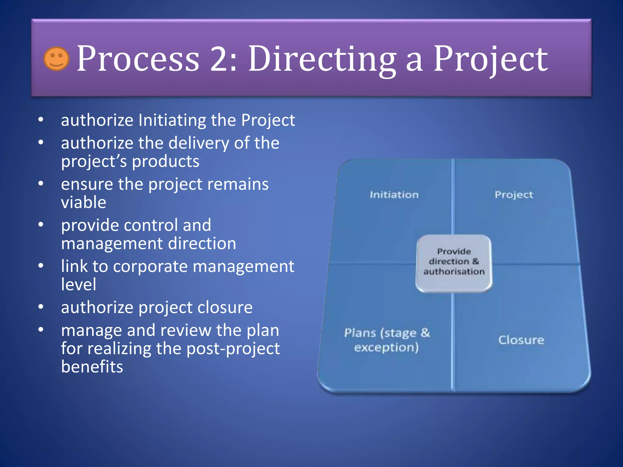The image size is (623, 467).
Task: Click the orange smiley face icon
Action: pos(56,59)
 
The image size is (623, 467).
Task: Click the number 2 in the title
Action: pos(219,59)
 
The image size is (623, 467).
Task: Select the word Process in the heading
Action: pos(138,59)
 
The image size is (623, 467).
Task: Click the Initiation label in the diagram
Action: pos(394,195)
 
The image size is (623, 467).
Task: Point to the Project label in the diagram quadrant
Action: pos(513,195)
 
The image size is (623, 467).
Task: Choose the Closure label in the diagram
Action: pos(521,340)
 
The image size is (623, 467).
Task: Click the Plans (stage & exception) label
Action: pos(387,340)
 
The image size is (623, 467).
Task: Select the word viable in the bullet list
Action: pos(84,202)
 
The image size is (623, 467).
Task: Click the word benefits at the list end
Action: pos(92,367)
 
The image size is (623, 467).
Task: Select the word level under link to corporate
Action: pos(78,285)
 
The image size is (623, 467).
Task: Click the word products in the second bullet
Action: pos(165,161)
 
